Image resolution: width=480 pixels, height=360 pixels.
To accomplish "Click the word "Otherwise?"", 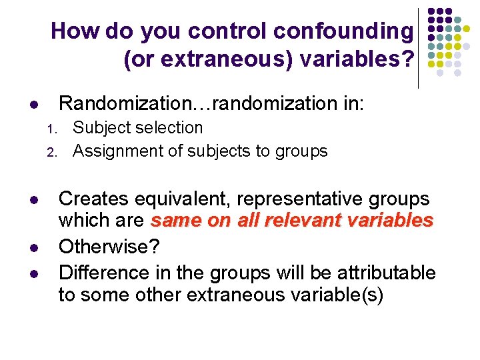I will (109, 247).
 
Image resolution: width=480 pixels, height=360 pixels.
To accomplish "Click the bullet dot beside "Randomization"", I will (34, 105).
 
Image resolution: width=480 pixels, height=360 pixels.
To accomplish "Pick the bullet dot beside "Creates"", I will (34, 200).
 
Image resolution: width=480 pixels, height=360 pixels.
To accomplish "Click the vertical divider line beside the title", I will (419, 47).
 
